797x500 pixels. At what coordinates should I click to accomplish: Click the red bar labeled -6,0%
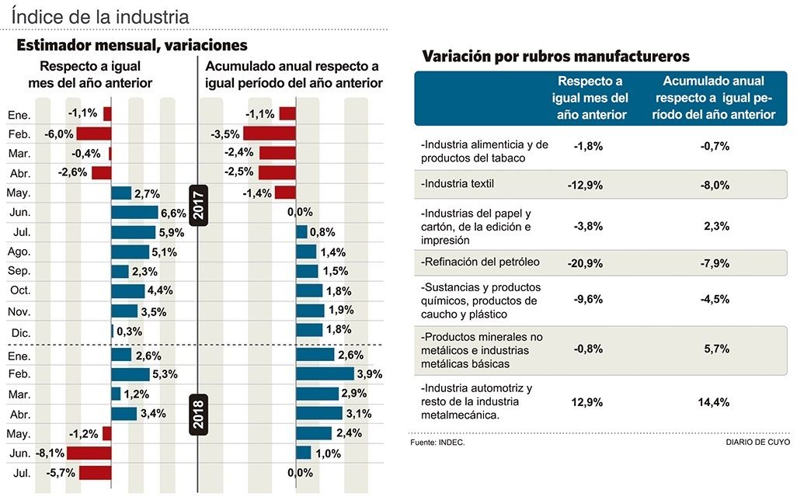pos(94,134)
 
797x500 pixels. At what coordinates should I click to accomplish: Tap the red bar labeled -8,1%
pos(89,453)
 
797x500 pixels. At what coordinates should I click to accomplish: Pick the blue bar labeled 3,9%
pos(325,374)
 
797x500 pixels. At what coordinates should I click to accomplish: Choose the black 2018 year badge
pos(198,414)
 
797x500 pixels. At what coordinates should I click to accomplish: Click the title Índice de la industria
pos(100,15)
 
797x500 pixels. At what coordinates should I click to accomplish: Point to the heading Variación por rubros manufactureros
pos(555,57)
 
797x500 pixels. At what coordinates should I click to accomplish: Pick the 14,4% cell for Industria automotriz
pos(714,403)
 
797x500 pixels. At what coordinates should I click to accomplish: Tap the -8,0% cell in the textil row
pos(715,185)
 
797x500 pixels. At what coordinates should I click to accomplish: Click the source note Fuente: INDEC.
pos(437,442)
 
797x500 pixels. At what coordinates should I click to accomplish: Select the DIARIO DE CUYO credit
pos(757,442)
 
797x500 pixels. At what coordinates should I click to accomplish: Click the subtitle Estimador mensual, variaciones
pos(131,46)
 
